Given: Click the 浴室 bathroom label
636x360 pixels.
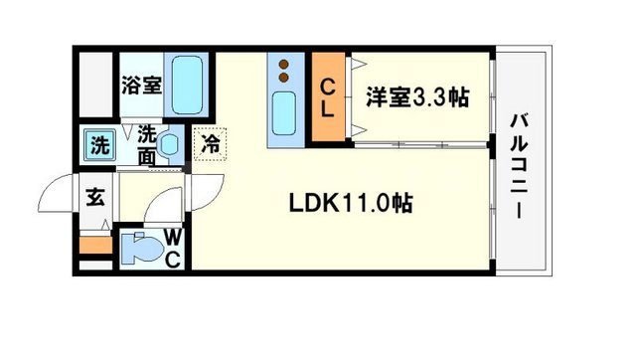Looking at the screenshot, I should [x=141, y=86].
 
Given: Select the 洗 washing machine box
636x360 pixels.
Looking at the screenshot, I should [x=100, y=143].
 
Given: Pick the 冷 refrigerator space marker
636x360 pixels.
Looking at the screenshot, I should [x=211, y=143].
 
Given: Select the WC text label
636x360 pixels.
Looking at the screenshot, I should [x=171, y=248].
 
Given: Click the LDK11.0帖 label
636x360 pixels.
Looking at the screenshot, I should [x=351, y=203].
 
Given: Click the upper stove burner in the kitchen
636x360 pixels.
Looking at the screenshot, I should [x=284, y=66].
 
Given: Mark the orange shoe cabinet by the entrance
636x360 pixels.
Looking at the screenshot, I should [x=96, y=242].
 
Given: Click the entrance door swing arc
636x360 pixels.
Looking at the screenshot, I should [x=62, y=195].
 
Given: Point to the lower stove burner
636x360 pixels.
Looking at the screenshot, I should [x=284, y=79].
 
